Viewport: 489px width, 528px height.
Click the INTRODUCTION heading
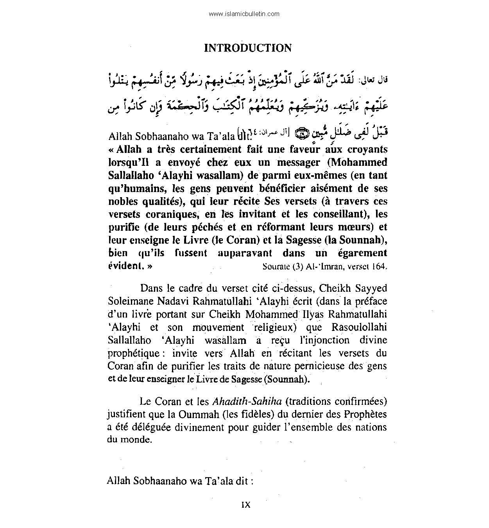(248, 48)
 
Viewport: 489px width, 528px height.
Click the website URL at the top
(244, 14)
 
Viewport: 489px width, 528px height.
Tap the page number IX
(245, 505)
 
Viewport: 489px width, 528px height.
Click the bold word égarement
(359, 253)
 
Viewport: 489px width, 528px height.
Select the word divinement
(210, 427)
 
